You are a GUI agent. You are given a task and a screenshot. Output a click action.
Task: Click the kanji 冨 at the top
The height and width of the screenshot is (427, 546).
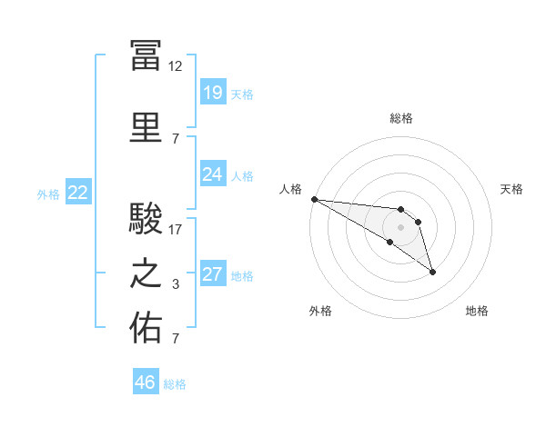[146, 55]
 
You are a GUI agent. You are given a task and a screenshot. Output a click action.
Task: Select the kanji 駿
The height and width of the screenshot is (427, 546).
[146, 218]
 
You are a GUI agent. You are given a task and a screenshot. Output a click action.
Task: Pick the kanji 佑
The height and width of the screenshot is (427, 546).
[146, 327]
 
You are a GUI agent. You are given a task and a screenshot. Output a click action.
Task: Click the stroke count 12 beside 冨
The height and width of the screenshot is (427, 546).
[175, 66]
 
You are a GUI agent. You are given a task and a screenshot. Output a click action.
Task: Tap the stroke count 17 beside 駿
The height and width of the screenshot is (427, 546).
[175, 230]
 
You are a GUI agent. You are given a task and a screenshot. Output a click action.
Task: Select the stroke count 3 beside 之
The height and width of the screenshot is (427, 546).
[176, 284]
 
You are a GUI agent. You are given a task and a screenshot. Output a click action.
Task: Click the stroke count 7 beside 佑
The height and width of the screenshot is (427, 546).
[176, 338]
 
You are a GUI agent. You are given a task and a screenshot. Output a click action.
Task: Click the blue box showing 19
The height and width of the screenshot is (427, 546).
[213, 92]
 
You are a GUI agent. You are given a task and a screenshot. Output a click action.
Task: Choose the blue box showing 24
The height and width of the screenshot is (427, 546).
[213, 174]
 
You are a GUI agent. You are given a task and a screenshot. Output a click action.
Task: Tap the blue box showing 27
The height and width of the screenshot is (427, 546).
[213, 273]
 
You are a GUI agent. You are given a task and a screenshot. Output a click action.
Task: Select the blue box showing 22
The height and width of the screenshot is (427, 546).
[78, 192]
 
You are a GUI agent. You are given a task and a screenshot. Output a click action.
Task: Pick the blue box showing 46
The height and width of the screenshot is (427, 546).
[146, 381]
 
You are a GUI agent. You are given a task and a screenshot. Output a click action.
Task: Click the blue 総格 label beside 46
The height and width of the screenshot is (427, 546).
[175, 384]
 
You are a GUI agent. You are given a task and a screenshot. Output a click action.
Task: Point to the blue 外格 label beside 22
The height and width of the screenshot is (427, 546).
[48, 194]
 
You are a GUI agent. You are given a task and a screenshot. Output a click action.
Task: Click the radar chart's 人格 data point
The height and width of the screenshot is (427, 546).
[315, 199]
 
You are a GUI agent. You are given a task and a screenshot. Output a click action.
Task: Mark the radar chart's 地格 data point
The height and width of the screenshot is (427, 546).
[432, 273]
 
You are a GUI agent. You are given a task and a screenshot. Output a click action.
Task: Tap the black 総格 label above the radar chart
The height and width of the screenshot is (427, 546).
[401, 118]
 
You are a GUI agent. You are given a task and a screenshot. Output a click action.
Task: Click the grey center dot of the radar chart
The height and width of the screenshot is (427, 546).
[400, 227]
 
